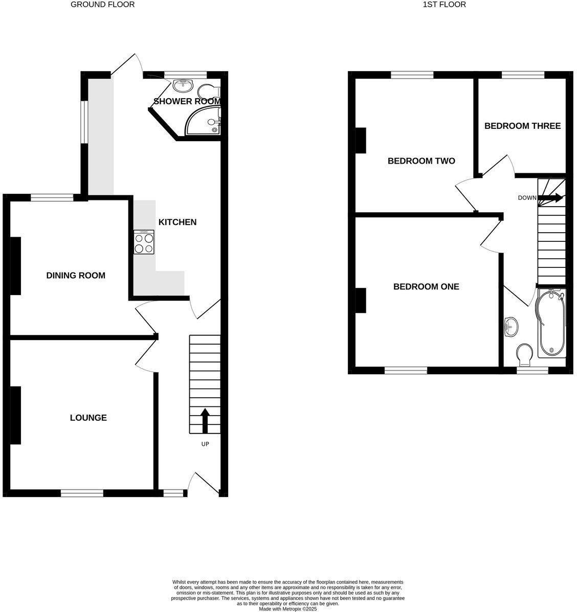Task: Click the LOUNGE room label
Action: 88,418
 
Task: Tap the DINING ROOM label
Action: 76,276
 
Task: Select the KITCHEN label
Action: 177,222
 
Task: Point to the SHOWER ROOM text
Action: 187,101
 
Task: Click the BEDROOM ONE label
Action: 426,287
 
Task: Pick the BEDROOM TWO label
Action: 421,161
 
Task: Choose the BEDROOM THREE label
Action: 522,126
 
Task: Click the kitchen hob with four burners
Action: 144,242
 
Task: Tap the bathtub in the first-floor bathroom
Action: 551,322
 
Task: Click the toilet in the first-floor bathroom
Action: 524,353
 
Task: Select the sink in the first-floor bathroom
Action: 510,326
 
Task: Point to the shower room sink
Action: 181,85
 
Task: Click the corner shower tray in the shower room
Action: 210,123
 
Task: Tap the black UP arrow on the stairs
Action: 205,420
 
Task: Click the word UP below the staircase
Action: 205,444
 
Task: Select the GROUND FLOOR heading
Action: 102,5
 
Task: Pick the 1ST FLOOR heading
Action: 444,5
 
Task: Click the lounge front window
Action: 82,493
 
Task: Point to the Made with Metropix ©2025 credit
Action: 287,609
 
